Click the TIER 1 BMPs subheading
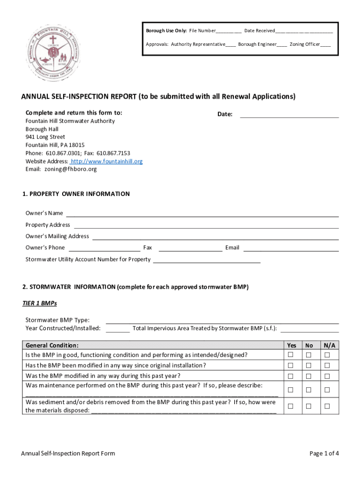pos(40,303)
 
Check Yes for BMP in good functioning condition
pos(291,355)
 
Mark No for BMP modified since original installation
pos(309,365)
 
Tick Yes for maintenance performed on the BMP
pos(291,390)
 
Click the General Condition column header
pos(52,345)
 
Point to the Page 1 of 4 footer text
pos(324,453)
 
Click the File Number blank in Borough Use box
pos(229,31)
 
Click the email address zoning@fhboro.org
pos(71,169)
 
